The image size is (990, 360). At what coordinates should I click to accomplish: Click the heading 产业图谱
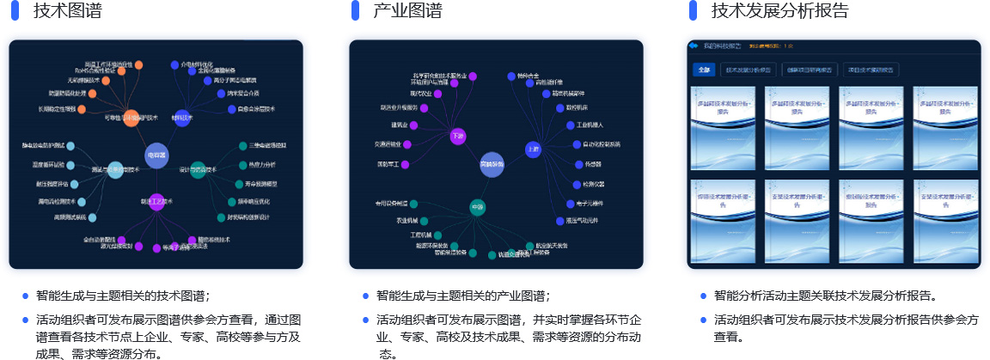coord(408,11)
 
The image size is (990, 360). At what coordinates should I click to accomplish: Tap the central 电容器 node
coord(156,155)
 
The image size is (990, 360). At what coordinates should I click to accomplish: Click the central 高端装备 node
coord(492,163)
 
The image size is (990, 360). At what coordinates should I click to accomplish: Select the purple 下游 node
coord(457,135)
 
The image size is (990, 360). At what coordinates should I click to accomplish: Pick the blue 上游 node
coord(533,149)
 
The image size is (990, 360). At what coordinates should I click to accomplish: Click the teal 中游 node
coord(478,206)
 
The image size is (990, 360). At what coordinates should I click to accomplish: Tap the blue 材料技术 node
coord(182,118)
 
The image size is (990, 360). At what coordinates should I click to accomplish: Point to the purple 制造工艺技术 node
coord(156,202)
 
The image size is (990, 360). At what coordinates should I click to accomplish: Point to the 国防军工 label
coord(388,164)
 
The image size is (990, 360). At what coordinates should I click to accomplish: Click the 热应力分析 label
coord(262,164)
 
